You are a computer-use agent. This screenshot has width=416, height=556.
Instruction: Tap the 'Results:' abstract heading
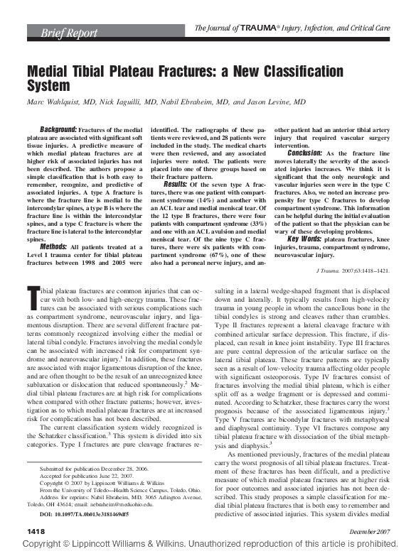click(176, 184)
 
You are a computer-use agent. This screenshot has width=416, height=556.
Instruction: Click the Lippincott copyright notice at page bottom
click(208, 547)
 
